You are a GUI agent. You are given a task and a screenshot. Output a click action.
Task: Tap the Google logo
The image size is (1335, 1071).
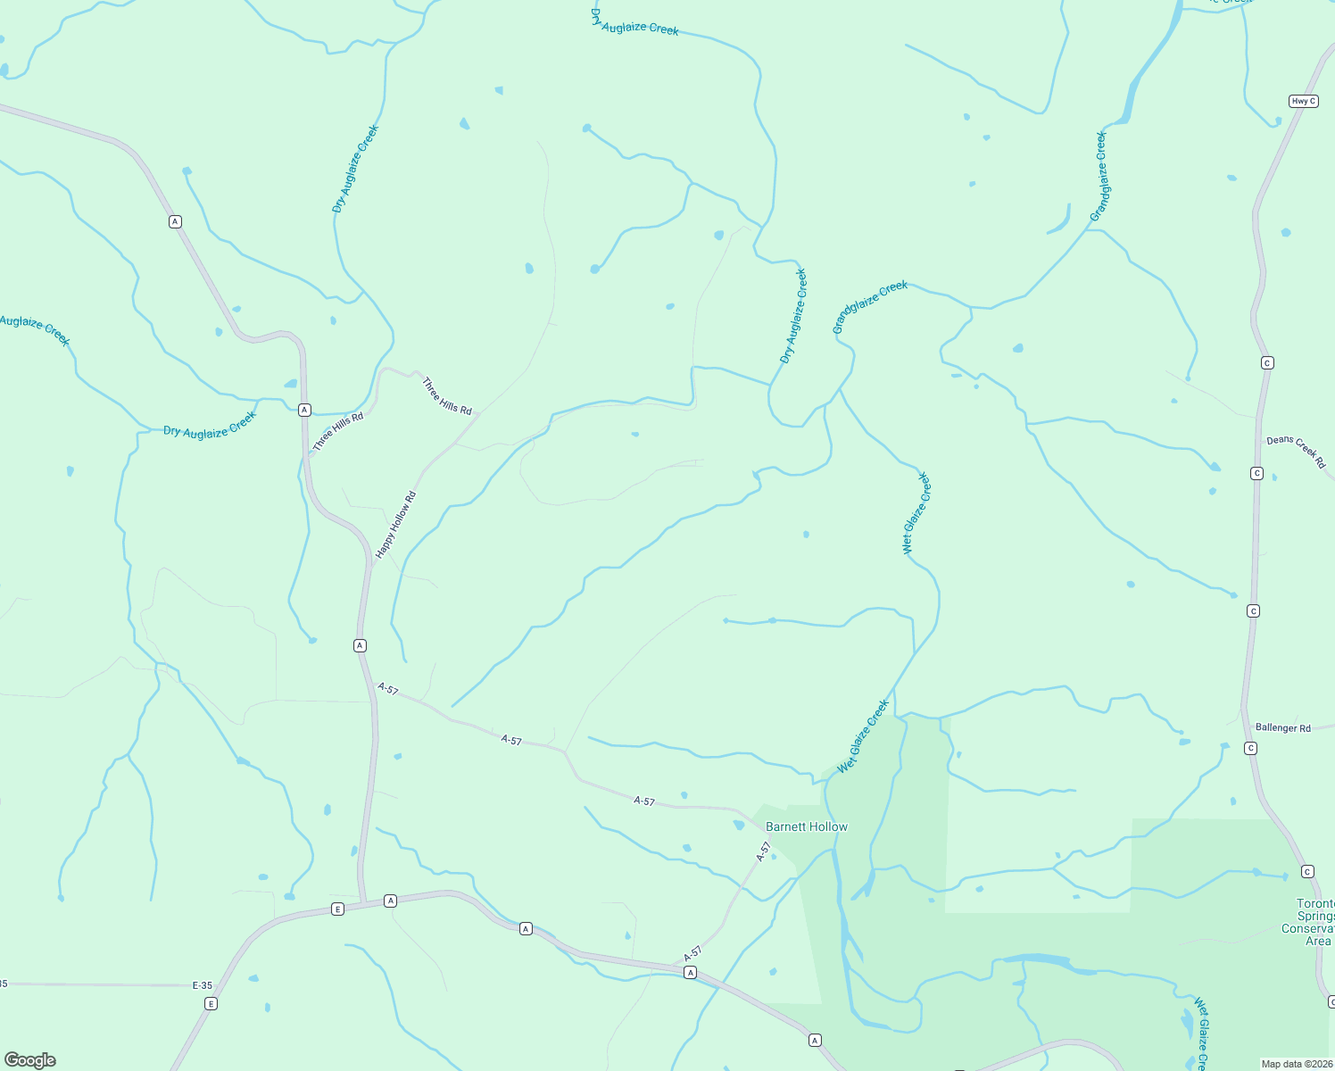point(30,1060)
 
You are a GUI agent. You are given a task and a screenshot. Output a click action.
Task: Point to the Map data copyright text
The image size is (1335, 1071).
point(1297,1064)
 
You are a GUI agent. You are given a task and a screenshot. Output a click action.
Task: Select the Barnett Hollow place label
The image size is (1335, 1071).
point(807,826)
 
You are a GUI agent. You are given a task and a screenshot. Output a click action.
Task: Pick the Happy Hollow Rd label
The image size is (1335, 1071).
point(396,526)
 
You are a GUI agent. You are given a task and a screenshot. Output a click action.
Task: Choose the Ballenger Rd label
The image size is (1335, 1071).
point(1283,728)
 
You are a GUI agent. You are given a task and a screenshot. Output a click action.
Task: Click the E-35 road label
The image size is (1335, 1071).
point(203,985)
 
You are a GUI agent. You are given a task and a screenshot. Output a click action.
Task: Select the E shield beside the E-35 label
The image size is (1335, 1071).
point(211,1003)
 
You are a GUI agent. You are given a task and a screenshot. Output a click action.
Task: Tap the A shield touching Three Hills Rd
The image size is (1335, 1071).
point(304,410)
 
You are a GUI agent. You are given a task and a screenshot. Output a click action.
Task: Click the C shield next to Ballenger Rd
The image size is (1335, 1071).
point(1251,748)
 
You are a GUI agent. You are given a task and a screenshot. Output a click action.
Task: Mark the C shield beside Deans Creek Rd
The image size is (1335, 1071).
point(1256,473)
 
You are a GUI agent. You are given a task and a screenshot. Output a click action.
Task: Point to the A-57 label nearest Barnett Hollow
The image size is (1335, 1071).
point(763,851)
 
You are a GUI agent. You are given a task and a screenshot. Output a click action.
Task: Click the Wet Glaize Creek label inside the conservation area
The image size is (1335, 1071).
point(1202,1035)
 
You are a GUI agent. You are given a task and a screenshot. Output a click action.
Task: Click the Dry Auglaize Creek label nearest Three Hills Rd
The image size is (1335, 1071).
point(210,426)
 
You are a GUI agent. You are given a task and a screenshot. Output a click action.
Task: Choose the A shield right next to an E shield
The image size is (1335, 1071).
point(390,901)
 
